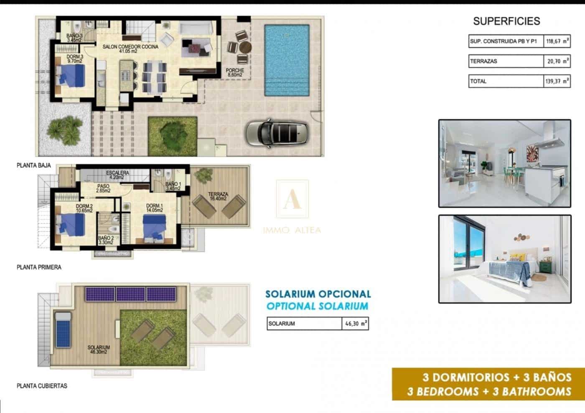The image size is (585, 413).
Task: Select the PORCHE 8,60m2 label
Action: pyautogui.click(x=235, y=73)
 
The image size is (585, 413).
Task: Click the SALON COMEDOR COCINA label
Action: pyautogui.click(x=130, y=49)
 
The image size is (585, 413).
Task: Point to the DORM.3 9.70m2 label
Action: pyautogui.click(x=75, y=59)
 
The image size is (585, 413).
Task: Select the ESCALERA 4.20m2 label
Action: pyautogui.click(x=117, y=175)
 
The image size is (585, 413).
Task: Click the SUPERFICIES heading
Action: pyautogui.click(x=506, y=21)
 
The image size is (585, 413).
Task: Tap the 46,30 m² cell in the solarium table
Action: pyautogui.click(x=355, y=324)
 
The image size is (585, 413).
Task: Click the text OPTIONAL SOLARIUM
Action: pyautogui.click(x=317, y=306)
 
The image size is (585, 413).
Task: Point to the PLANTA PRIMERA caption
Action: pyautogui.click(x=39, y=267)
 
